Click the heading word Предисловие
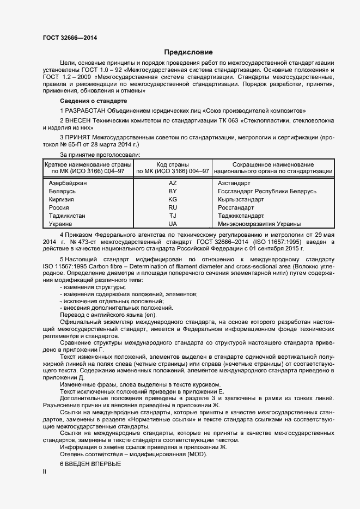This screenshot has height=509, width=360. point(188,52)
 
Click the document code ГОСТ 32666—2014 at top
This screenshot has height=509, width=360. point(70,38)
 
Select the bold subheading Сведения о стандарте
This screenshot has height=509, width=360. point(93,101)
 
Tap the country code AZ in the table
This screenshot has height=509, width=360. point(173,183)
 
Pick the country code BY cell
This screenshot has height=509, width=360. point(173,192)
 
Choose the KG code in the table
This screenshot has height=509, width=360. point(173,200)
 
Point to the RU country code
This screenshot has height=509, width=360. point(173,207)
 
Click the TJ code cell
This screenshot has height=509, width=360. point(173,216)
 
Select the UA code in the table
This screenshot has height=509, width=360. point(173,224)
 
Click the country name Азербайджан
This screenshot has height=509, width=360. point(68,183)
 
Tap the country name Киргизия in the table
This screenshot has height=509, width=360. point(62,200)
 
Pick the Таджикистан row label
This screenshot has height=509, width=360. point(67,216)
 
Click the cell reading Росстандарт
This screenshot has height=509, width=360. point(236,207)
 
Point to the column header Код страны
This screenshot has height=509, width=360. point(173,164)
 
